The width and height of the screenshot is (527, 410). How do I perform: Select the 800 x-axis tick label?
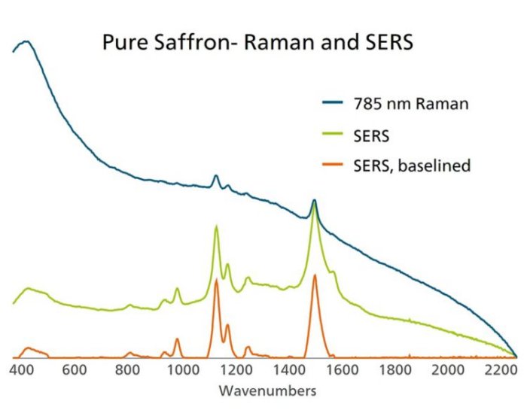(x=128, y=370)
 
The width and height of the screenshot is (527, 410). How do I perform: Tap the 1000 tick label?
(x=181, y=370)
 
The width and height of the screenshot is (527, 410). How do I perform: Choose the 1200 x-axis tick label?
(x=235, y=370)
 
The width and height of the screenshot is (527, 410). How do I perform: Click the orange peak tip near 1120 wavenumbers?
(x=217, y=279)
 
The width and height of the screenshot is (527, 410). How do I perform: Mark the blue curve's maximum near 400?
(x=26, y=41)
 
